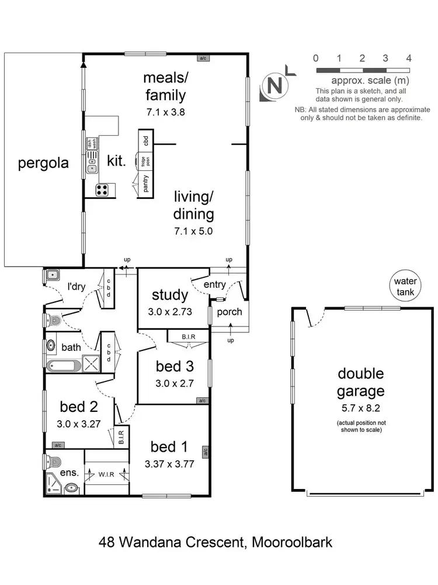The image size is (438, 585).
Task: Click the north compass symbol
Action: click(275, 85)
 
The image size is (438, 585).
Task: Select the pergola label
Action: click(43, 163)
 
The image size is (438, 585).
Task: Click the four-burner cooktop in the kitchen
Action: click(102, 190)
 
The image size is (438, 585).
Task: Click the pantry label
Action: click(145, 185)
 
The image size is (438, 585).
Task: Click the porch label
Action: click(230, 311)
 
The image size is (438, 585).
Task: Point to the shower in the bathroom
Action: click(91, 364)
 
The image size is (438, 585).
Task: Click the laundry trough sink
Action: click(51, 275)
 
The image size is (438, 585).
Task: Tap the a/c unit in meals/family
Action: click(203, 58)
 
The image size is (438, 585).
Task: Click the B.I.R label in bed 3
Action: click(188, 337)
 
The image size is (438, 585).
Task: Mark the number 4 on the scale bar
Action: click(409, 58)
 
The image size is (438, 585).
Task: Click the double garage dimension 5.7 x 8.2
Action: click(359, 407)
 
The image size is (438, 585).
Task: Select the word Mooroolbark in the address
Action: click(292, 542)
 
